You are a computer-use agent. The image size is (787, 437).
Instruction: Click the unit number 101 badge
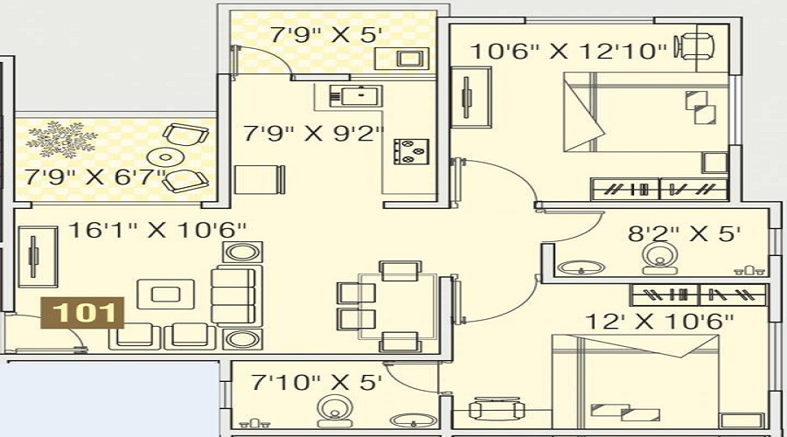click(82, 313)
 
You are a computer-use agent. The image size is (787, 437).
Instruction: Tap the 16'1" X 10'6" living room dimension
click(157, 230)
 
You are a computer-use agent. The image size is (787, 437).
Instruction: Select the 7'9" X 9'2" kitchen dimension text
click(314, 134)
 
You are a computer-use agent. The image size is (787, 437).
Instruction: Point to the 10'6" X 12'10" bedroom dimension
click(568, 52)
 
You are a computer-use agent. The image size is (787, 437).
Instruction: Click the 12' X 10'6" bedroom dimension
click(659, 322)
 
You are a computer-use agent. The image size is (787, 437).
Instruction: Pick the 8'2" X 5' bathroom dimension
click(685, 234)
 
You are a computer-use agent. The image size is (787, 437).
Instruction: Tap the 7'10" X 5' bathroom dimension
click(317, 383)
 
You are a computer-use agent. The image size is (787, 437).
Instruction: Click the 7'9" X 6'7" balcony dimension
click(94, 177)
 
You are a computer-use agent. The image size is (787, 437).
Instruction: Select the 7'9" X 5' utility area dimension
click(326, 35)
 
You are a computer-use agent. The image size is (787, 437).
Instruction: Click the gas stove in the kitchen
click(411, 151)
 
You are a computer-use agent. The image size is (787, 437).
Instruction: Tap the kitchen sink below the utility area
click(355, 95)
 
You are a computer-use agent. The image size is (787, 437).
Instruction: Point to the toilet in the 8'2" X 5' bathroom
click(660, 259)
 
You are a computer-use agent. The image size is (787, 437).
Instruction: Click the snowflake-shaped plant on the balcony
click(61, 139)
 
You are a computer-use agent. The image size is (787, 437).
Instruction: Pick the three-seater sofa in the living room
click(236, 297)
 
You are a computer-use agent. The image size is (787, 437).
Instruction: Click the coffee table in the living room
click(165, 294)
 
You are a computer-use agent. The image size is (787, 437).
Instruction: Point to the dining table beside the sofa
click(397, 306)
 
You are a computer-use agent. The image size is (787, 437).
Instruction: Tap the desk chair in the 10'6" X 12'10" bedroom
click(695, 46)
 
